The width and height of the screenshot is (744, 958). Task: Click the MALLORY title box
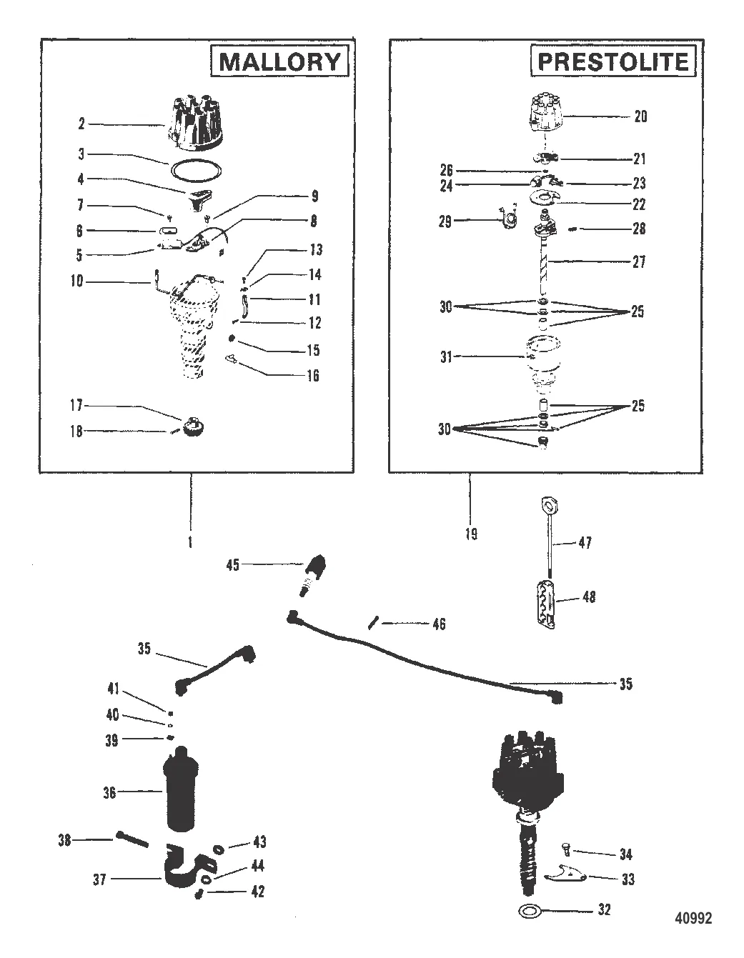tap(279, 61)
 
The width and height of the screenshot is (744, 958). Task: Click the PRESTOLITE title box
tap(612, 61)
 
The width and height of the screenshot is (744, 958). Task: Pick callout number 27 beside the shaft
tap(638, 262)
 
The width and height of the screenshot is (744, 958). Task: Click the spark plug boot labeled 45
tap(313, 572)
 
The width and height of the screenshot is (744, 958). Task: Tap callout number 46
tap(438, 624)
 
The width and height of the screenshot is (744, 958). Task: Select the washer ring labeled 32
tap(528, 911)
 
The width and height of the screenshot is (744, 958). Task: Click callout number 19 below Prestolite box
tap(471, 534)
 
